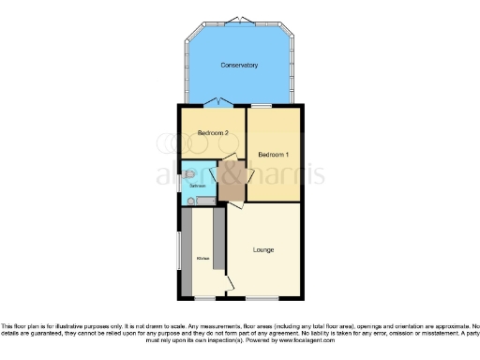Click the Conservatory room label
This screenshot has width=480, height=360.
(x=239, y=65)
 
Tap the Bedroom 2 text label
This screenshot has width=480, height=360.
(x=213, y=134)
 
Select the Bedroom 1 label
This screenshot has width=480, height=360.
(x=274, y=153)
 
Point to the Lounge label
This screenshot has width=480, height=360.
(x=264, y=249)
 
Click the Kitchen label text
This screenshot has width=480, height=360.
(x=202, y=258)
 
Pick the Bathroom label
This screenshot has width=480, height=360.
(x=198, y=186)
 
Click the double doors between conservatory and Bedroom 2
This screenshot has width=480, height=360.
(x=219, y=101)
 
